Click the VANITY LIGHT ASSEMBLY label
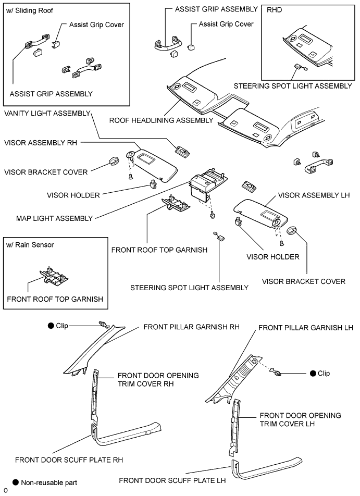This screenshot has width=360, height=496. pos(47,113)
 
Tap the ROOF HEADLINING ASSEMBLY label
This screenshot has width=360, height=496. pos(161,120)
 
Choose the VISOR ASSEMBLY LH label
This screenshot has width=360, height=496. pos(314,195)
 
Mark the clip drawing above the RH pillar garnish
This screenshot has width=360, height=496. pos(103,326)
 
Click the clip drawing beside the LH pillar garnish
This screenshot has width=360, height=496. pos(278,373)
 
